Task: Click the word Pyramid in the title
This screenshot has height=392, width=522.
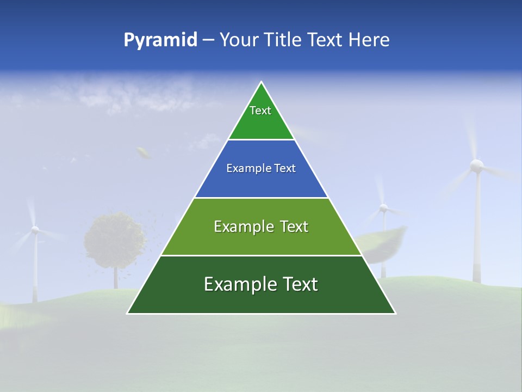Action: tap(160, 40)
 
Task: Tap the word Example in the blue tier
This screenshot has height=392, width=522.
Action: tap(245, 169)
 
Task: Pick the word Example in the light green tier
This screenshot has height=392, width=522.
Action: tap(237, 226)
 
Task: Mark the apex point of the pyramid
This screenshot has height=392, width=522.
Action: tap(262, 82)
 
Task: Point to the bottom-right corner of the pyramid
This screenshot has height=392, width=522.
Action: tap(395, 313)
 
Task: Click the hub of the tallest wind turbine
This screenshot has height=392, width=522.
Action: tap(476, 165)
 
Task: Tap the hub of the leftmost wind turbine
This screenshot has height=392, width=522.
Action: tap(35, 230)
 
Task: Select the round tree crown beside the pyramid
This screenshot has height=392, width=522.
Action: tap(115, 240)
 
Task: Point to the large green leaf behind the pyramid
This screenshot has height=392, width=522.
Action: tap(383, 242)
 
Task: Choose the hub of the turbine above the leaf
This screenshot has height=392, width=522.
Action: tap(383, 208)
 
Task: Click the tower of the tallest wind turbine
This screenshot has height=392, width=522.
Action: tap(477, 229)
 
